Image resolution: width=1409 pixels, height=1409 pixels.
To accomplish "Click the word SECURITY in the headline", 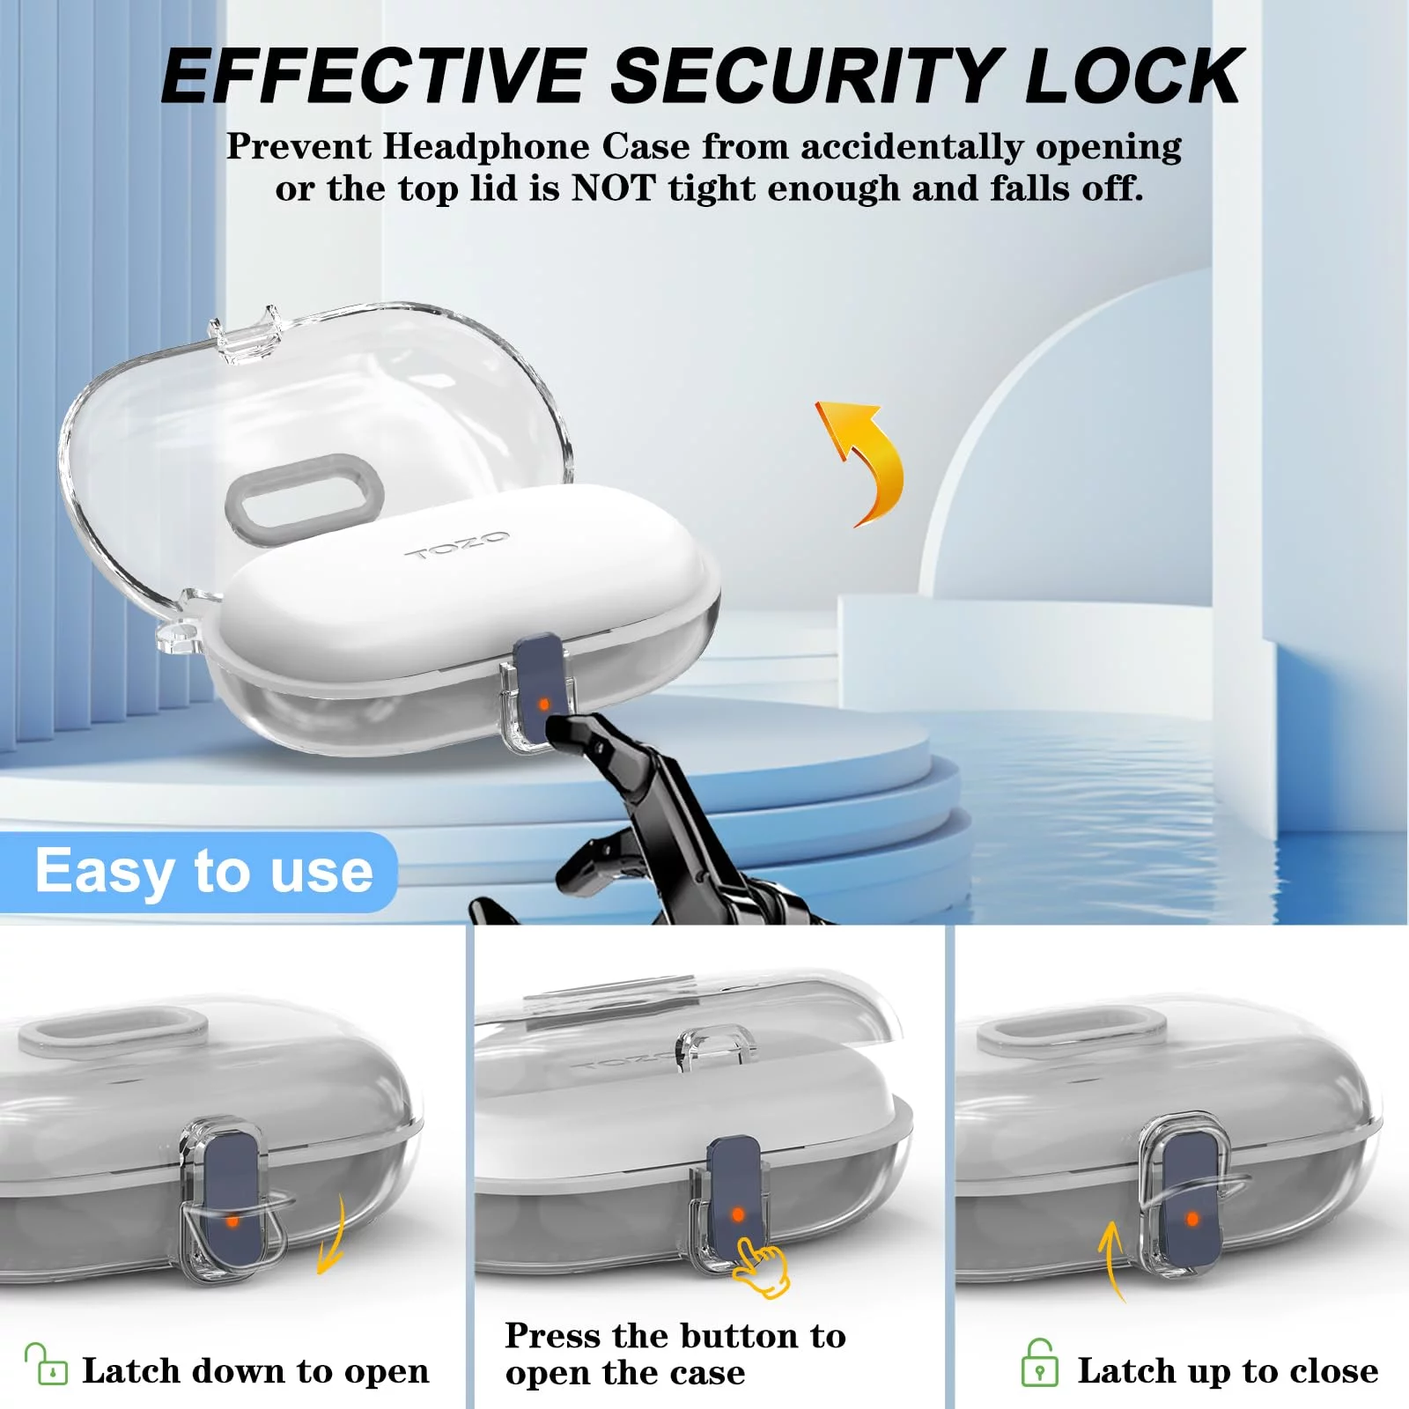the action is point(807,76).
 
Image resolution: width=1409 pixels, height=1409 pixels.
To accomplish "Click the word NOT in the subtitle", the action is point(614,188).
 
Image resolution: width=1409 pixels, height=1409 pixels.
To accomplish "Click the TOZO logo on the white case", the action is point(457,545).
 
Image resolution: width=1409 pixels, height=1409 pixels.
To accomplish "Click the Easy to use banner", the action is point(199,872).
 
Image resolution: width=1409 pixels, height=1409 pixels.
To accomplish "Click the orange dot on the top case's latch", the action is point(543,704).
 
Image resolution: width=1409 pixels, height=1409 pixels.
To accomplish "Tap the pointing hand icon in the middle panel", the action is point(761,1266).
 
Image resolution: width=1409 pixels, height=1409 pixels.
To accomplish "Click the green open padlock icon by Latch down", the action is point(46,1364).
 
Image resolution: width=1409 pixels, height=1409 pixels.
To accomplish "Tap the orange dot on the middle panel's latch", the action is point(738,1214).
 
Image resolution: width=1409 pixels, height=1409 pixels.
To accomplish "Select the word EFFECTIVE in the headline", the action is point(374,76).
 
